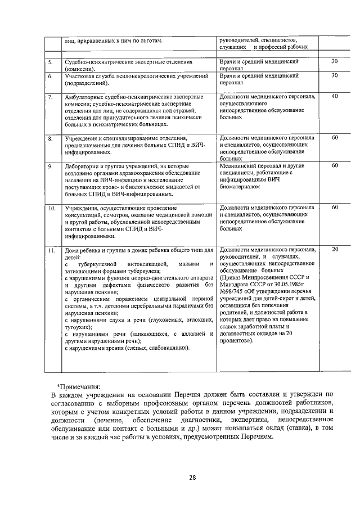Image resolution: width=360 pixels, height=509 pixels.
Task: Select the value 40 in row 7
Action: pos(334,97)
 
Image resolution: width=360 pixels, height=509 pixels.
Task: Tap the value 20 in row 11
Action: pos(334,249)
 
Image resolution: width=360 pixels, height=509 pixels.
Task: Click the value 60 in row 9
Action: pos(334,166)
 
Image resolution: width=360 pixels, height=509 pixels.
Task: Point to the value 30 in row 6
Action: pos(334,75)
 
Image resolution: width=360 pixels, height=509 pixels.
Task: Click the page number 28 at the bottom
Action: pos(192,478)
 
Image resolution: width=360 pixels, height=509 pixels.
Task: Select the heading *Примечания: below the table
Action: pos(79,386)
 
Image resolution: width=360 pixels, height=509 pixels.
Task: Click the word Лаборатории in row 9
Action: pos(83,166)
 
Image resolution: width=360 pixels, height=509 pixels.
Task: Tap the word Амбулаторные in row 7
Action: pos(86,97)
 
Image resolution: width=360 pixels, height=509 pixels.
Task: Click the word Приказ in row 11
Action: pos(233,277)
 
